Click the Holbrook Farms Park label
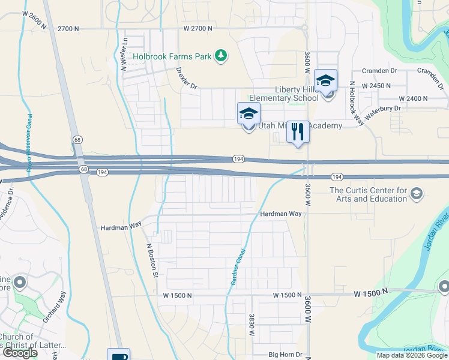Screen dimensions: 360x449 click(x=173, y=56)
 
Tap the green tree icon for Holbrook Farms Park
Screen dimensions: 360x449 click(x=221, y=56)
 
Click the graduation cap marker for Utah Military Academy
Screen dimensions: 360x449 click(x=249, y=114)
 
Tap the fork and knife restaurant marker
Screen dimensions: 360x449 click(x=298, y=133)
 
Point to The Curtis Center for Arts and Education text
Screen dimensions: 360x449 click(x=369, y=195)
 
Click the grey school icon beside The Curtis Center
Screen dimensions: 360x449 click(x=418, y=193)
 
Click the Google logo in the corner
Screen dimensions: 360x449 click(x=20, y=353)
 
